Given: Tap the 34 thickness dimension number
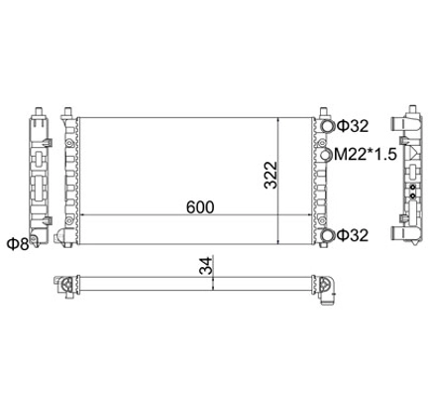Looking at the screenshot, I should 204,268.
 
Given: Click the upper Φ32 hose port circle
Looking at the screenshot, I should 326,126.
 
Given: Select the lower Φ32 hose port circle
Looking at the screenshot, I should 326,236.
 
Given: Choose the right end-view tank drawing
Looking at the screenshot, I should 405,175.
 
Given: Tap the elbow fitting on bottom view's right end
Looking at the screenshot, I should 329,287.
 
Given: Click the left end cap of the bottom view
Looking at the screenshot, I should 67,284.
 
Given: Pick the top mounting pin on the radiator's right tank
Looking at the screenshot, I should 319,110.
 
